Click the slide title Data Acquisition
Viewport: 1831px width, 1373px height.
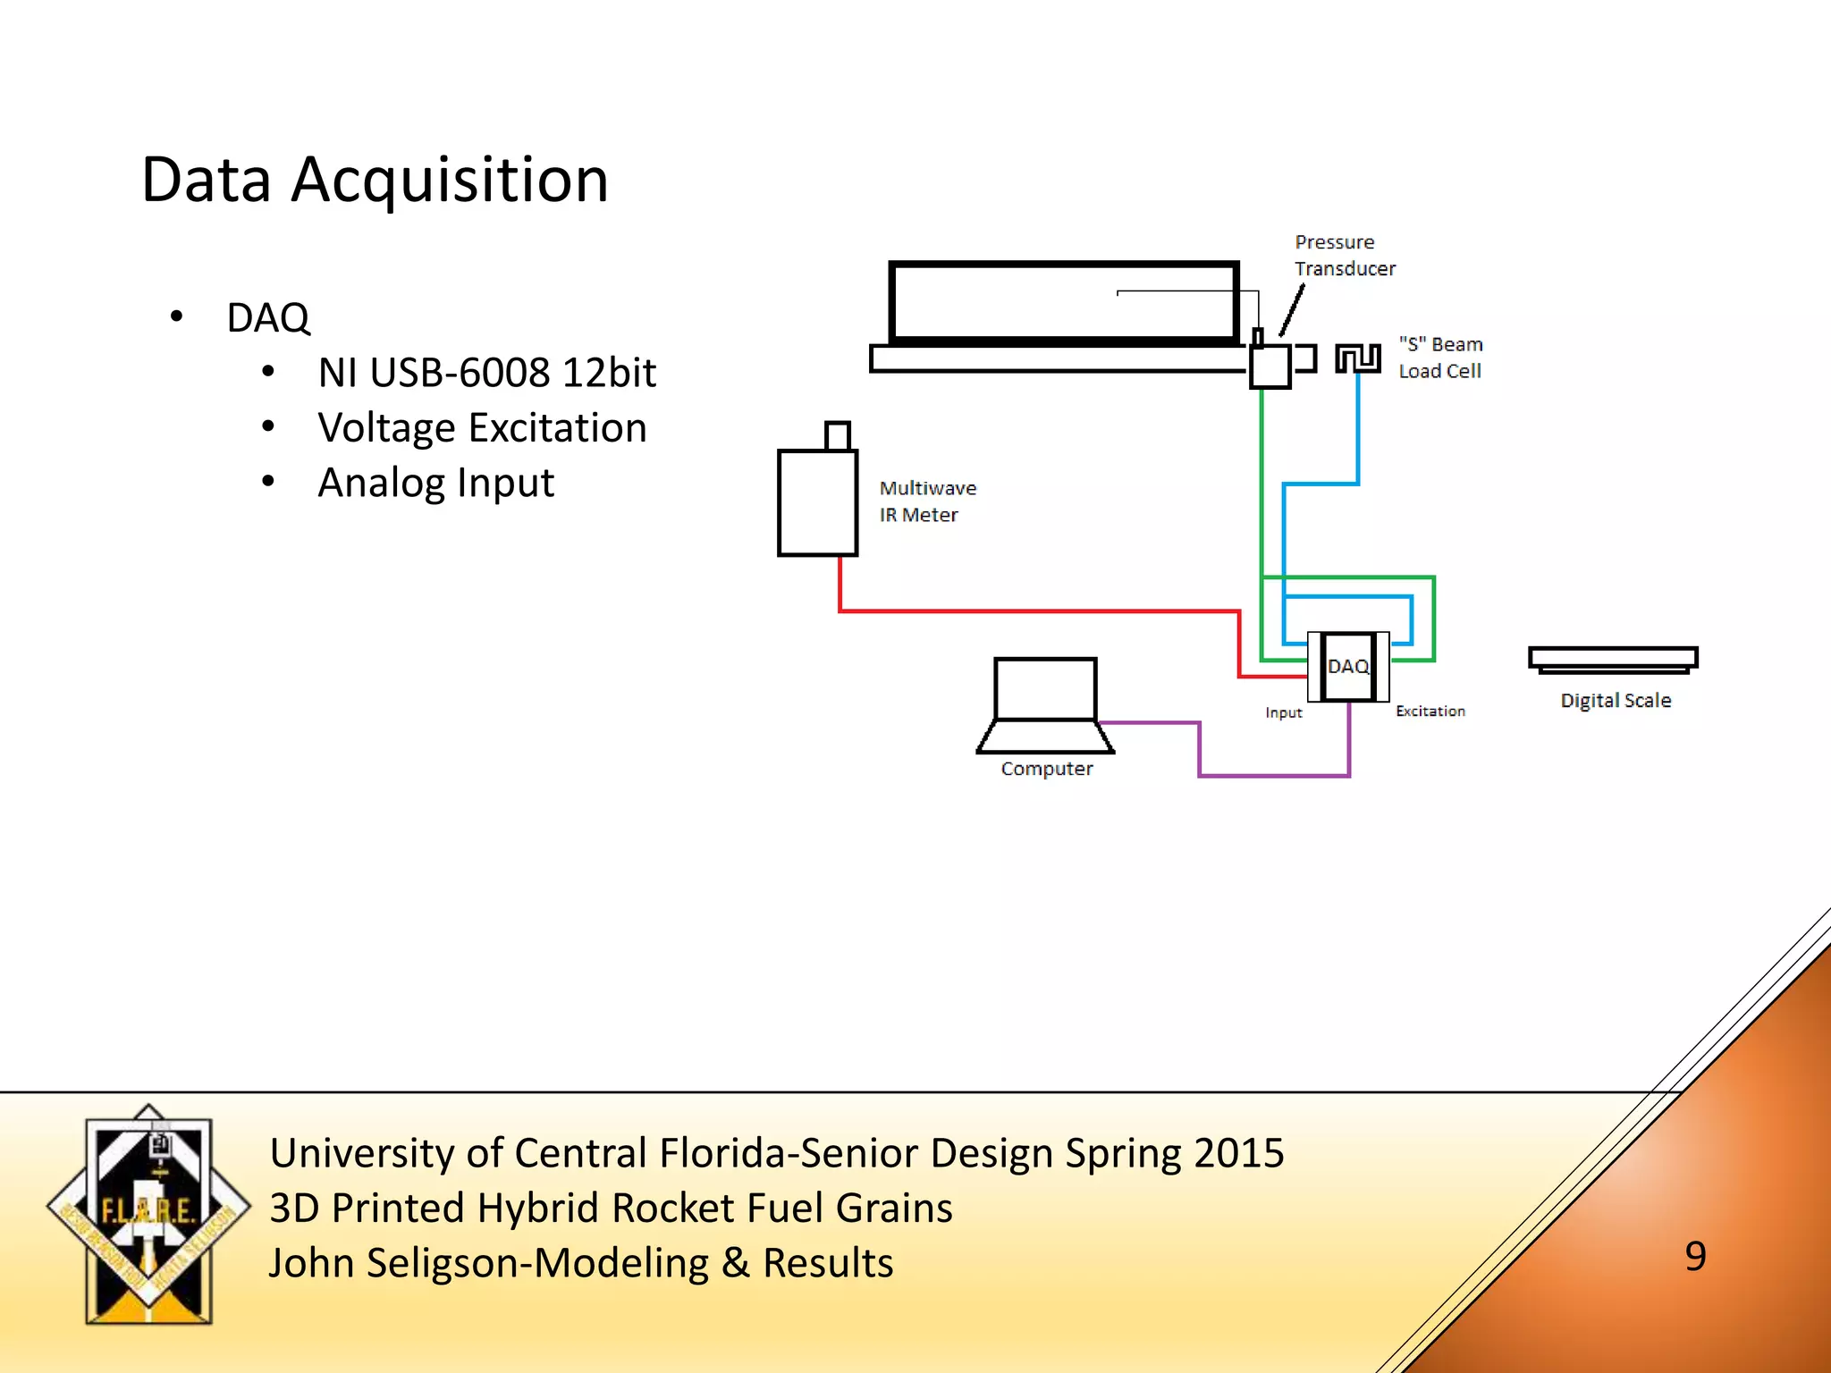pos(375,181)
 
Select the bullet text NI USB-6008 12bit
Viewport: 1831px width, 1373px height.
pos(486,373)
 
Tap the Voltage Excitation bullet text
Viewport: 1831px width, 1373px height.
pos(482,428)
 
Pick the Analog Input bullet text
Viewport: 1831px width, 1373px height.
pos(436,483)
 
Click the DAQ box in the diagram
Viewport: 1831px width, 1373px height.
pos(1348,667)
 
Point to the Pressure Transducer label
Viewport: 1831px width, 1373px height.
pos(1344,256)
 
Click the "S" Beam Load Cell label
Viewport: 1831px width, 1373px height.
pos(1440,358)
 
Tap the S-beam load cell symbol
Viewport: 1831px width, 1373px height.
pos(1358,358)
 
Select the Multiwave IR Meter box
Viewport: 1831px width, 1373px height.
pos(817,502)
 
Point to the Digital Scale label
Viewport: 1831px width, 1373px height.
pos(1616,701)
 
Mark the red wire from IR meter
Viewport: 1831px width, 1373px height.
pos(1037,611)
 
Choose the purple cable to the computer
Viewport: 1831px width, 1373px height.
pos(1274,775)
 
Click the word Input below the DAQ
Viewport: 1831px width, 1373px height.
pos(1283,712)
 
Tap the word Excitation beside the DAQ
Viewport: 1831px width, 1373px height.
pos(1430,712)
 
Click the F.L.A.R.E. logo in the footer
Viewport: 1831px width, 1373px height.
pos(148,1214)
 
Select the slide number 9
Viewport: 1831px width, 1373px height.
pos(1695,1257)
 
